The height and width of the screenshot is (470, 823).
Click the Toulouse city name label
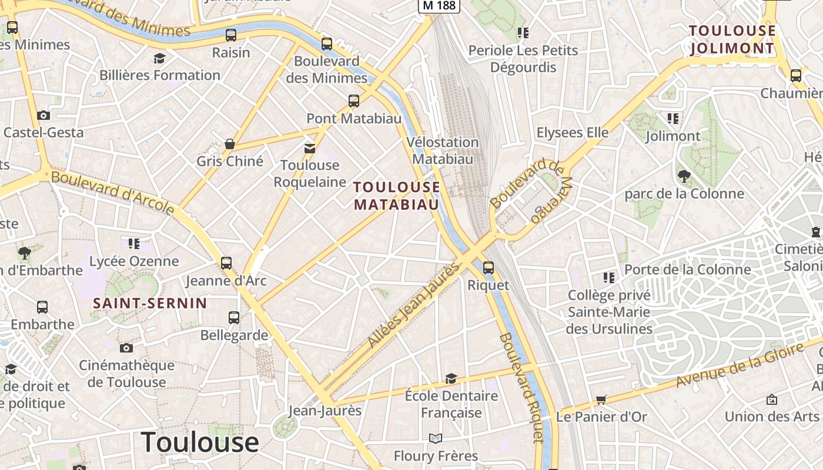(200, 442)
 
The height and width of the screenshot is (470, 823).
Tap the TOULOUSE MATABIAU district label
(396, 196)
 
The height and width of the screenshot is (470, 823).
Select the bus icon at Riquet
(488, 268)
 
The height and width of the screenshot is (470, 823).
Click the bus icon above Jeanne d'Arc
(226, 263)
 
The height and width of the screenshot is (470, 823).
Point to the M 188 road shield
(439, 5)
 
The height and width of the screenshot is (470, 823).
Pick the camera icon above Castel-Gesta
(43, 115)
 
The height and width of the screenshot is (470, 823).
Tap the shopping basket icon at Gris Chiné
(230, 144)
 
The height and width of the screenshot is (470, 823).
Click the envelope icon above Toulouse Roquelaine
(310, 149)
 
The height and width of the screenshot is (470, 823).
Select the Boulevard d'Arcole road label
(113, 192)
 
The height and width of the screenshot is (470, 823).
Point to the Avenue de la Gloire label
(740, 366)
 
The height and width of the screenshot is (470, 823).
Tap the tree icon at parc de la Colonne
(684, 175)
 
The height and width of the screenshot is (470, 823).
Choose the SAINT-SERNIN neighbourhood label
(150, 303)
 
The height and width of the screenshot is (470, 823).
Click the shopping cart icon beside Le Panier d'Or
(601, 400)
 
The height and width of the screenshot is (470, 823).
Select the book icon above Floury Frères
(435, 438)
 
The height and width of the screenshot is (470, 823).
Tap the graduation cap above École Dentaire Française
(451, 378)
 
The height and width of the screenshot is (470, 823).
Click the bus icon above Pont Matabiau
(354, 101)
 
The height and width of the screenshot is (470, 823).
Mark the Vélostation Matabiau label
(443, 150)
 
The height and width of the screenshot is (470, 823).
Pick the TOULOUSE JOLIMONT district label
(732, 39)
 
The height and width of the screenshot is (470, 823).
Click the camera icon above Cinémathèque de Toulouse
(126, 348)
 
